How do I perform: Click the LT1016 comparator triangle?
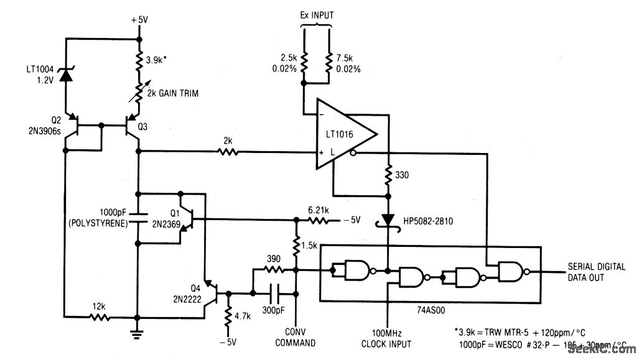click(x=345, y=135)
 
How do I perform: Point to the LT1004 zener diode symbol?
click(x=65, y=75)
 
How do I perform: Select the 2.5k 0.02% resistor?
click(x=303, y=63)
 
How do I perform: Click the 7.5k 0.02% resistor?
click(x=327, y=63)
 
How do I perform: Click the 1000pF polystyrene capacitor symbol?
click(x=137, y=219)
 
